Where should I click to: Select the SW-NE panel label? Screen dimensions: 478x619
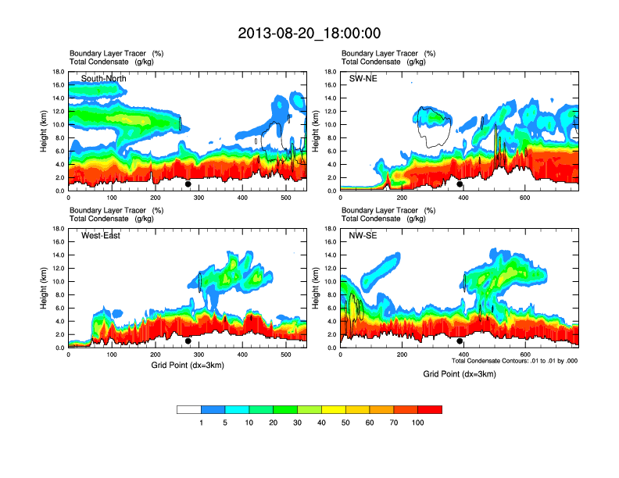(x=363, y=79)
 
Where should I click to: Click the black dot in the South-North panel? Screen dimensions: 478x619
(x=188, y=184)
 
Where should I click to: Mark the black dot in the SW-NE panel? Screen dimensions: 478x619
(x=460, y=184)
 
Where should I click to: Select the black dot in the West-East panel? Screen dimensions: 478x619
(x=188, y=341)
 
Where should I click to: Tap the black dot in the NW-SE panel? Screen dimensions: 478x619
(x=460, y=341)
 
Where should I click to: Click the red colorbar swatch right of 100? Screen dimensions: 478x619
(x=430, y=409)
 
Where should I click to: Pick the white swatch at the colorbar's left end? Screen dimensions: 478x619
(x=189, y=409)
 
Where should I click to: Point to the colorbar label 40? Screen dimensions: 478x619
(x=321, y=423)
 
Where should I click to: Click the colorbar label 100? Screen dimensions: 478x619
(x=417, y=423)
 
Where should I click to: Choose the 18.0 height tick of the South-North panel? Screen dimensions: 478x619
(x=58, y=72)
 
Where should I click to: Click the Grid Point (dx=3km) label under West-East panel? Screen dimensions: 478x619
(x=187, y=365)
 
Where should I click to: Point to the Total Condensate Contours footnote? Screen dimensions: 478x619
(x=514, y=361)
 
